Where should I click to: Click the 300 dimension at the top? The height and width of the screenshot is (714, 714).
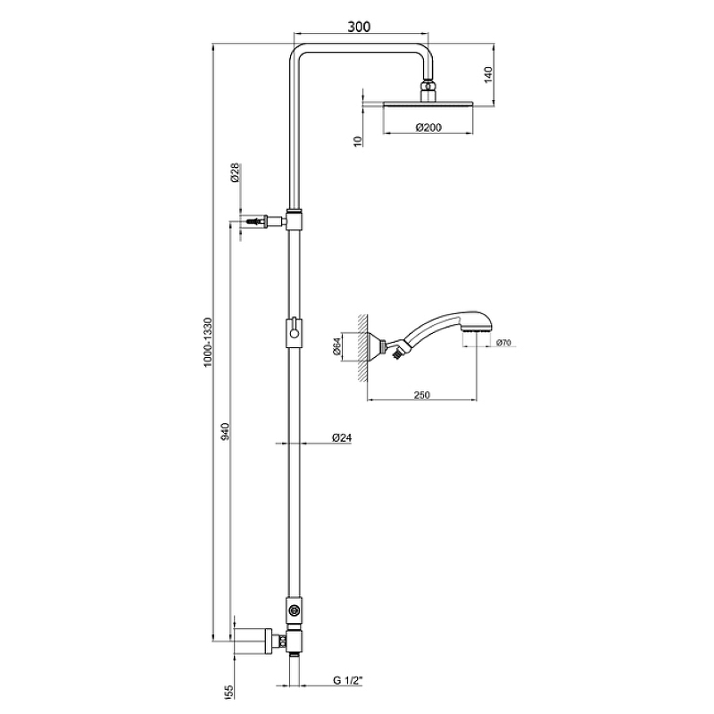pos(359,27)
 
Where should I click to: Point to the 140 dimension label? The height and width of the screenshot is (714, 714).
pos(487,75)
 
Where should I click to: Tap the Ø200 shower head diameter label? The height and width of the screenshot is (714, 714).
pos(428,128)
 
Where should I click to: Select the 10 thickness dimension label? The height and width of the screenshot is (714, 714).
pos(358,141)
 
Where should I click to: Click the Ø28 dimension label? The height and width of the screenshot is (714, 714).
pos(235,172)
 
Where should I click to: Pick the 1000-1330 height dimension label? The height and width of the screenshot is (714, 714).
pos(208,343)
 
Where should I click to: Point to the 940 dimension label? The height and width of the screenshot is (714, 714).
pos(226,431)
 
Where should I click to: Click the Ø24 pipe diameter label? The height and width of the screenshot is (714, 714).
pos(342,437)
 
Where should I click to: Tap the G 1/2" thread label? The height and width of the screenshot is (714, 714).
pos(348,680)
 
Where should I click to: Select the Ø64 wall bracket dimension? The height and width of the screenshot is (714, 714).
pos(337,346)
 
